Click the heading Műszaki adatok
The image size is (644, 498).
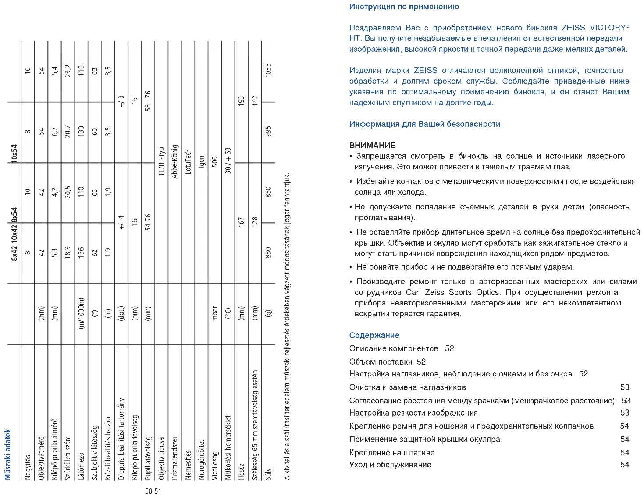7,454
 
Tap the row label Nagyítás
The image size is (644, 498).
28,468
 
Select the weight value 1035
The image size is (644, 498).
268,71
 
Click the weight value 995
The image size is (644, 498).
268,132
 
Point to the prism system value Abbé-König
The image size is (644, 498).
174,161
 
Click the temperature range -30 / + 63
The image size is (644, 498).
228,161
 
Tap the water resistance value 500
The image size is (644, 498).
214,161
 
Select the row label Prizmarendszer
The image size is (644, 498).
174,458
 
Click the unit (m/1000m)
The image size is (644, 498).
81,313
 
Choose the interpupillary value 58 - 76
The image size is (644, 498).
148,101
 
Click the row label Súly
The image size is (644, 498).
268,474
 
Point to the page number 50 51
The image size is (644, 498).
153,491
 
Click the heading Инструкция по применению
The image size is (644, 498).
404,7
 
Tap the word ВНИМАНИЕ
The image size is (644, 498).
372,145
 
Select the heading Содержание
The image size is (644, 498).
374,335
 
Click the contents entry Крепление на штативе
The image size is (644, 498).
391,452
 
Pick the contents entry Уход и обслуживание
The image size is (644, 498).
390,465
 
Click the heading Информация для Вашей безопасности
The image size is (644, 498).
424,124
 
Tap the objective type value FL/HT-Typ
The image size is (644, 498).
161,161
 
